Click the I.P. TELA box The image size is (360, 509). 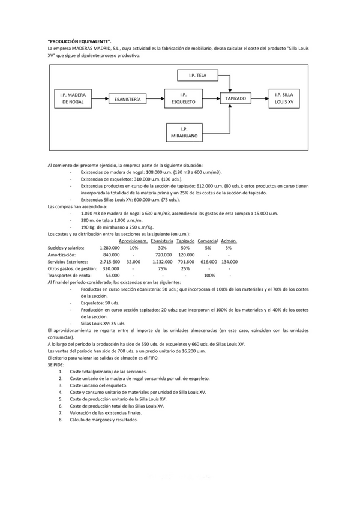point(197,75)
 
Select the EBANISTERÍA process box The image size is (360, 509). point(127,98)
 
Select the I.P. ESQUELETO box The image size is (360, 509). point(184,98)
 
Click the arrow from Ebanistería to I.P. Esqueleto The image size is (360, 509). point(155,98)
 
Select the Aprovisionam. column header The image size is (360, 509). point(133,241)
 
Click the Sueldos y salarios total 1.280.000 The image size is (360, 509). point(108,248)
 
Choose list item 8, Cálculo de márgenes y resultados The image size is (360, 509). point(103,420)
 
